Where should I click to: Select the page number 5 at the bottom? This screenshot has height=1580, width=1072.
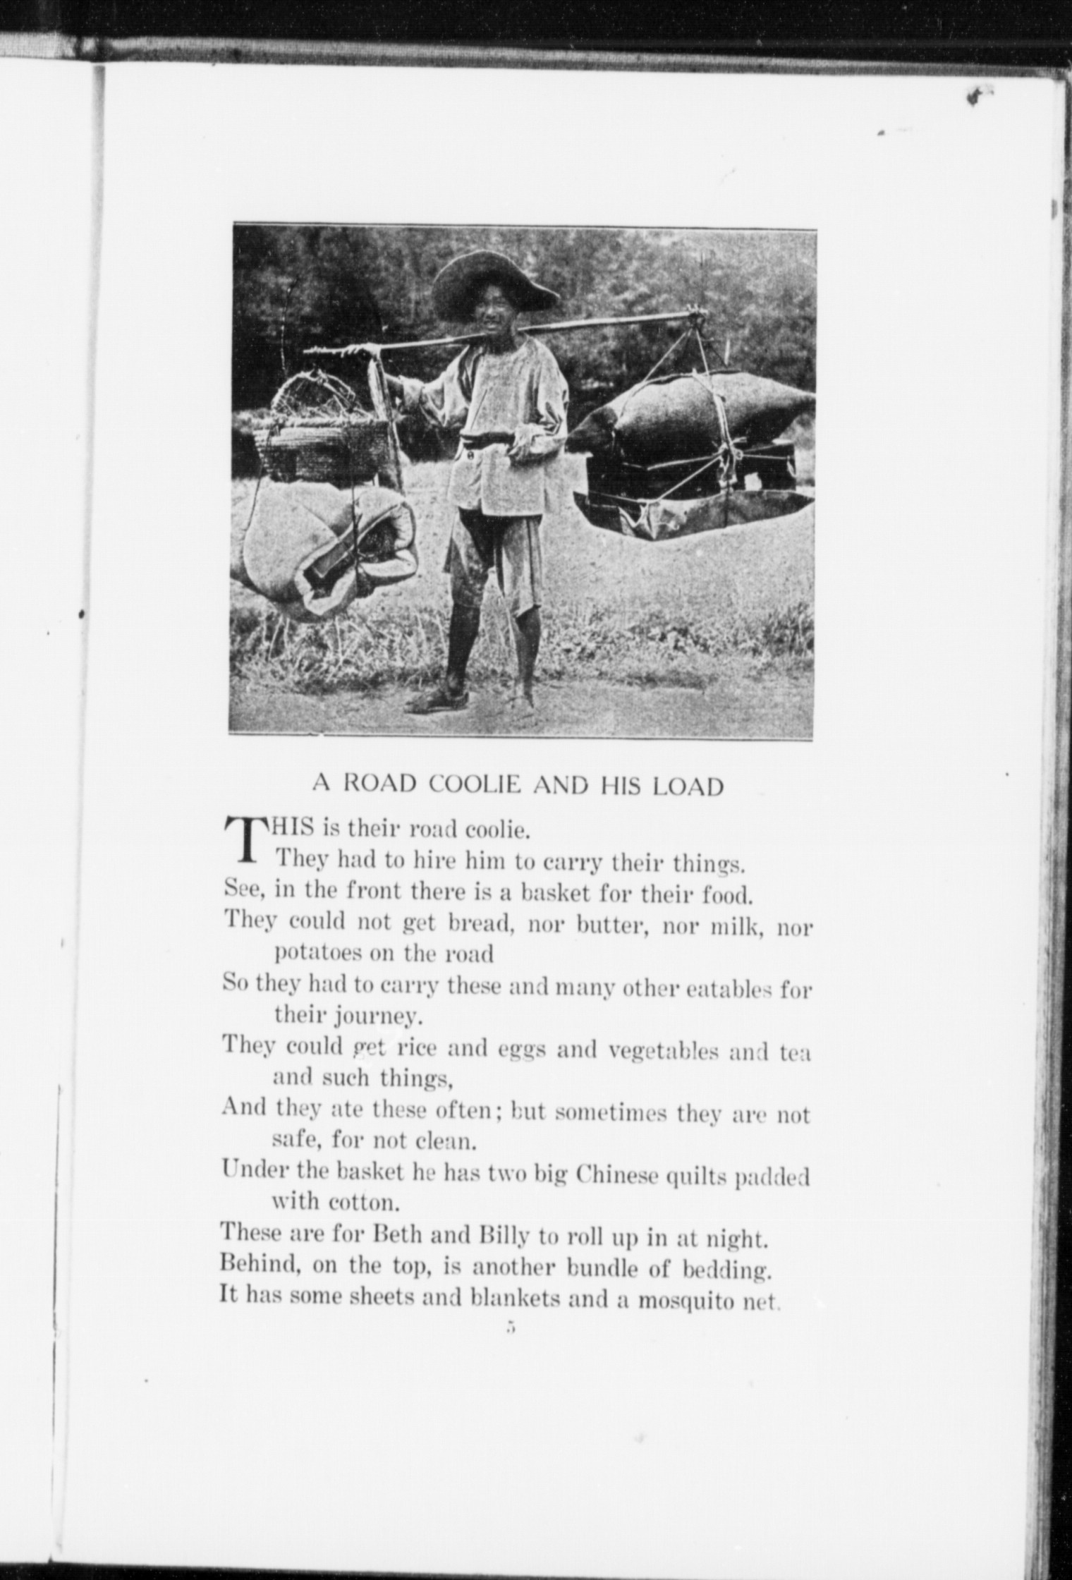point(512,1326)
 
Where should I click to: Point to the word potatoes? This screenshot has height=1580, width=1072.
point(316,954)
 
